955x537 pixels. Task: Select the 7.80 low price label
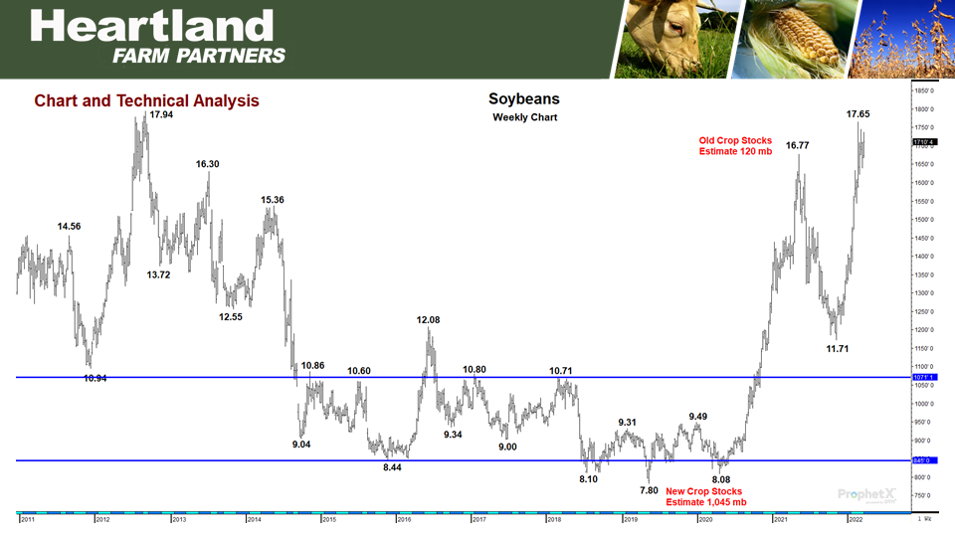649,490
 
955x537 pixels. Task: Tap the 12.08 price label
428,320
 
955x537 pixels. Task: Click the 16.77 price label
797,145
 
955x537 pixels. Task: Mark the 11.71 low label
840,349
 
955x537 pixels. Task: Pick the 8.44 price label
392,467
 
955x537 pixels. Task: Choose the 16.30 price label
208,164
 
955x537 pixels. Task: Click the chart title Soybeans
524,99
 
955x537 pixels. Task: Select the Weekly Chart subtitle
524,117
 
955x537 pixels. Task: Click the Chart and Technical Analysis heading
146,100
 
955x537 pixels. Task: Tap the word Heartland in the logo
144,26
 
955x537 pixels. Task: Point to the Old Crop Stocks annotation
735,146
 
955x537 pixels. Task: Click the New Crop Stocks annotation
703,496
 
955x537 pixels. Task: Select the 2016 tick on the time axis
403,519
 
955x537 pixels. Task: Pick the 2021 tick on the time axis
780,519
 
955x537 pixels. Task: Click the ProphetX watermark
867,493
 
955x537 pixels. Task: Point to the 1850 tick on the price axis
924,90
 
